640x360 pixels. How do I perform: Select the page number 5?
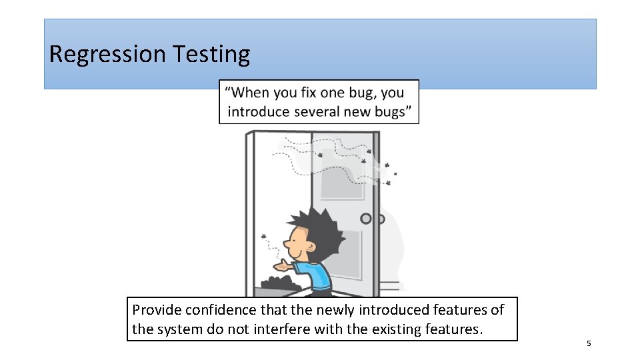589,343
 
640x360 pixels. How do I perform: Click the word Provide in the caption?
157,310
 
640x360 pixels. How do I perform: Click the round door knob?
365,219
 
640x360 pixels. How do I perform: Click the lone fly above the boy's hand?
265,237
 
